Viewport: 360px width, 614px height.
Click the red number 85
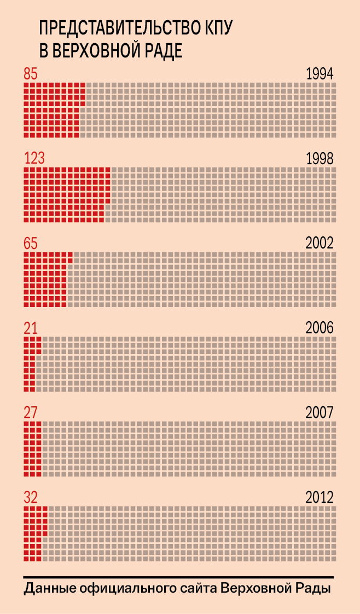click(x=30, y=74)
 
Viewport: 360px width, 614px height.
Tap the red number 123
click(x=34, y=159)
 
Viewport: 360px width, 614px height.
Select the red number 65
click(x=31, y=244)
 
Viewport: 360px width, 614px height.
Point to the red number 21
click(x=30, y=328)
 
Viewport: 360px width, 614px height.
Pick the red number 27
click(x=31, y=412)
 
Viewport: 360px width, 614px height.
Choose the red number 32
click(x=31, y=497)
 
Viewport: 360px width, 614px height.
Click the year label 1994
click(x=320, y=74)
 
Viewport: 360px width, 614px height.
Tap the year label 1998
click(x=320, y=159)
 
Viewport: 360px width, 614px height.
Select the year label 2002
click(x=320, y=244)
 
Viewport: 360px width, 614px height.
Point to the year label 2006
click(x=320, y=328)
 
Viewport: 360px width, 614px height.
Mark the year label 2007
click(x=320, y=412)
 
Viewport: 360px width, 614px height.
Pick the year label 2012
click(x=320, y=497)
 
